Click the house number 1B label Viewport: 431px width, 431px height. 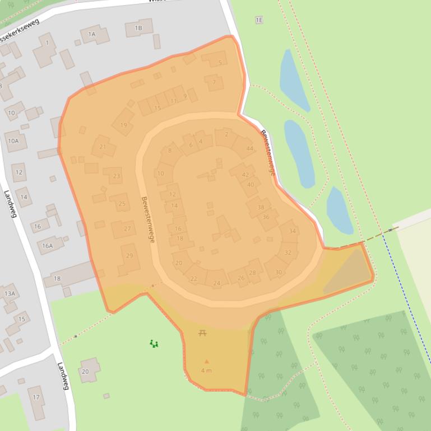click(138, 27)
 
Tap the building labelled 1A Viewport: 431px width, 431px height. click(91, 34)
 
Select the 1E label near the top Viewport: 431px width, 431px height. click(259, 20)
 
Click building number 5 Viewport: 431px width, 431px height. click(220, 63)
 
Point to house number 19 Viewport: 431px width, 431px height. click(123, 125)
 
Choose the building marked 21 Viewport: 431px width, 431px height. click(103, 147)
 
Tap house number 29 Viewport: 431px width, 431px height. click(129, 256)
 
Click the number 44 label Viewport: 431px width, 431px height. click(249, 148)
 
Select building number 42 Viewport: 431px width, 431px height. click(245, 175)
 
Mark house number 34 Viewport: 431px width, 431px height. click(292, 231)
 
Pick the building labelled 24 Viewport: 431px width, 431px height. click(217, 283)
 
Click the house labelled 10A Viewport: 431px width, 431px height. click(13, 141)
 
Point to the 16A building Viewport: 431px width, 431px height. click(47, 245)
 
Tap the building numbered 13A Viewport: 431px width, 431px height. click(10, 293)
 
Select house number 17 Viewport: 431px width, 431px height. click(36, 397)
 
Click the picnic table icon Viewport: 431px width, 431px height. click(202, 333)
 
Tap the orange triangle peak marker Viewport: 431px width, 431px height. click(206, 362)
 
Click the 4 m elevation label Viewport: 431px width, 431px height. click(206, 371)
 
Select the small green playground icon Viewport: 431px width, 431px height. click(154, 344)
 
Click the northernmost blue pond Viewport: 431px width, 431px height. click(293, 79)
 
